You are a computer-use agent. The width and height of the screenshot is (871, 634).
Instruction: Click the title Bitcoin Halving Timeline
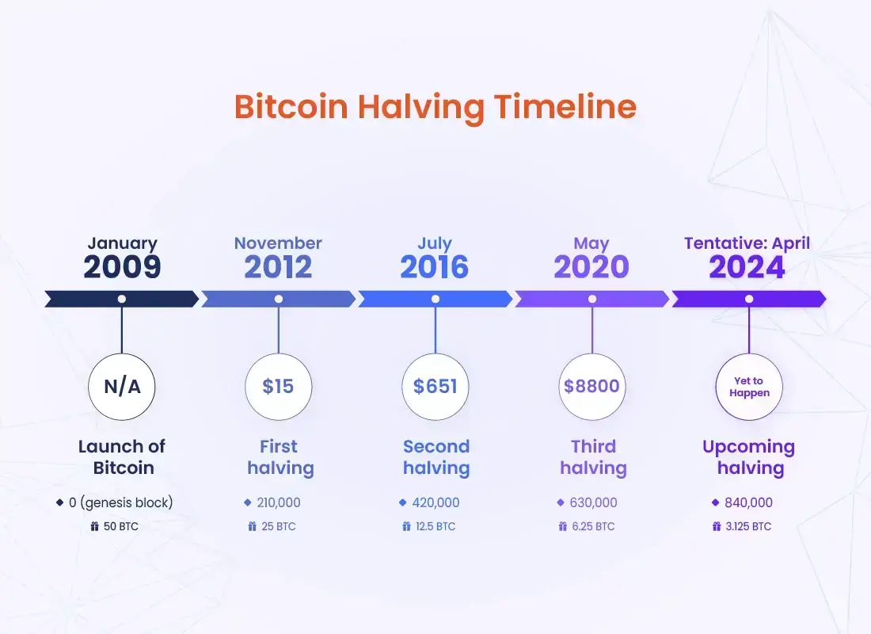(435, 107)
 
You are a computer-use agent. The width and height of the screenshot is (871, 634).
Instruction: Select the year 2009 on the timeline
(122, 267)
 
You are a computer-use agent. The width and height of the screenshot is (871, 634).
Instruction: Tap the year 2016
(435, 267)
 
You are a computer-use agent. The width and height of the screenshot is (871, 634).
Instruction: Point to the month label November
(278, 243)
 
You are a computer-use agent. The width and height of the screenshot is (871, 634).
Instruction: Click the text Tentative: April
(747, 243)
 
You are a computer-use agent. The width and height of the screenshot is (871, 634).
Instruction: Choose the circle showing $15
(278, 387)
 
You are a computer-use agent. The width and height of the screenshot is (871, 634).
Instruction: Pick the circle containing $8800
(592, 387)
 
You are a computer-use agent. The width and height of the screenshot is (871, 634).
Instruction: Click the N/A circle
(122, 387)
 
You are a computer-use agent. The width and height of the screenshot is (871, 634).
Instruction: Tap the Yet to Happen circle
(749, 387)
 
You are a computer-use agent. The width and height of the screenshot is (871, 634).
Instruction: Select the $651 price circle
(435, 387)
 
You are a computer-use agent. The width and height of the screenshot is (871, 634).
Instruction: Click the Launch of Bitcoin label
(122, 457)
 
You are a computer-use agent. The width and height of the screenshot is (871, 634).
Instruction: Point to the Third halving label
(593, 457)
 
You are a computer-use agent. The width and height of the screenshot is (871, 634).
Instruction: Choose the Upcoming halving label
(749, 457)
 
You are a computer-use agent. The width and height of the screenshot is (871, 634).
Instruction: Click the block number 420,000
(435, 502)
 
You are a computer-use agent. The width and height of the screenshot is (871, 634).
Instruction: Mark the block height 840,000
(748, 502)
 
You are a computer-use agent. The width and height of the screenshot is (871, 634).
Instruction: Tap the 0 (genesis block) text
(120, 502)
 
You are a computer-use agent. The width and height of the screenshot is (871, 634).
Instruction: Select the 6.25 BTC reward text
(593, 526)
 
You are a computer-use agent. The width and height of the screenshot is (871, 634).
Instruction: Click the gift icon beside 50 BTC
(94, 526)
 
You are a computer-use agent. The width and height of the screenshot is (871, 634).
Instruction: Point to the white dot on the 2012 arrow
(278, 300)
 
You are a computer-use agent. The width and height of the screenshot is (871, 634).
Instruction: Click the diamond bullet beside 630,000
(561, 502)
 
